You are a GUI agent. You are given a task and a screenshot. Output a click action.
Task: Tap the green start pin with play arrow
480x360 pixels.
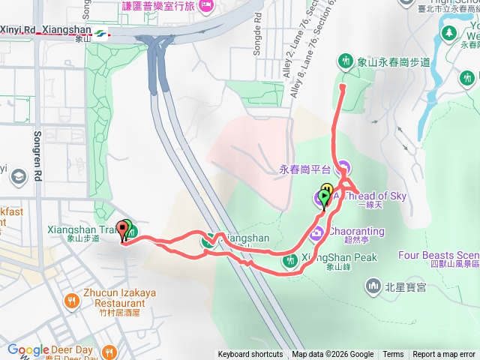tap(323, 197)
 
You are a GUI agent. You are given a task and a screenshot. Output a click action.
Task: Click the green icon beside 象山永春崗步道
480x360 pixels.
tap(346, 59)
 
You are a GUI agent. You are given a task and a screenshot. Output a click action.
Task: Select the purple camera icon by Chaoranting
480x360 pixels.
tap(317, 232)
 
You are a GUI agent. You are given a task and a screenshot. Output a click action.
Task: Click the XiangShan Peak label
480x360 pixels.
tap(338, 257)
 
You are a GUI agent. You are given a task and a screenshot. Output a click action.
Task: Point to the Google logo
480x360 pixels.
tap(28, 350)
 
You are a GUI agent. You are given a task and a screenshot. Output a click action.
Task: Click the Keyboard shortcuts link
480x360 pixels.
tap(250, 355)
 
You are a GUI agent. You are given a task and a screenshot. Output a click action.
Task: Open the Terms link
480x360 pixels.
tap(393, 355)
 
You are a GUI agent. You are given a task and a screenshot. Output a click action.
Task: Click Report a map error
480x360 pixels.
tap(444, 355)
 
